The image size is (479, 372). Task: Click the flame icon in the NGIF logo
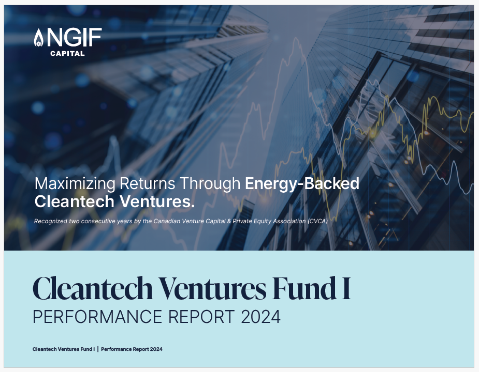click(x=38, y=38)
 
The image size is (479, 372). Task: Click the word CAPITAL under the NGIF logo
click(x=67, y=53)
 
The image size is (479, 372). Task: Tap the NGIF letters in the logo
click(x=74, y=37)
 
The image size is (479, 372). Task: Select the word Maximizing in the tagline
click(x=75, y=184)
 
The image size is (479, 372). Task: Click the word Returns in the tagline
click(x=147, y=183)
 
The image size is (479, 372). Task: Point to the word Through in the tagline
click(x=210, y=184)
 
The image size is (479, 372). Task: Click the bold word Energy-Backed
click(x=302, y=184)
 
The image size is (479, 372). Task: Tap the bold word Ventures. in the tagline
click(x=157, y=202)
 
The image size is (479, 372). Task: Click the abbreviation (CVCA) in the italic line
click(x=318, y=221)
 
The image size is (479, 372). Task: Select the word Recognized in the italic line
click(x=51, y=221)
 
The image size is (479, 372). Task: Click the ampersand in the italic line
click(x=229, y=221)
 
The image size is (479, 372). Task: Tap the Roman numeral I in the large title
click(x=346, y=288)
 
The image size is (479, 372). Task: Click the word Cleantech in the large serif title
click(x=93, y=288)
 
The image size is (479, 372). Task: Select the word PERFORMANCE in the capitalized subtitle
click(x=97, y=317)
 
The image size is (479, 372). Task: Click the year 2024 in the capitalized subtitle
click(x=260, y=317)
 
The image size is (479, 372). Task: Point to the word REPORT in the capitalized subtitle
click(x=201, y=317)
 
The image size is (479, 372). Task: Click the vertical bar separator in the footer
click(x=98, y=349)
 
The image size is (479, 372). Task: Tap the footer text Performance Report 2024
click(x=132, y=349)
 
